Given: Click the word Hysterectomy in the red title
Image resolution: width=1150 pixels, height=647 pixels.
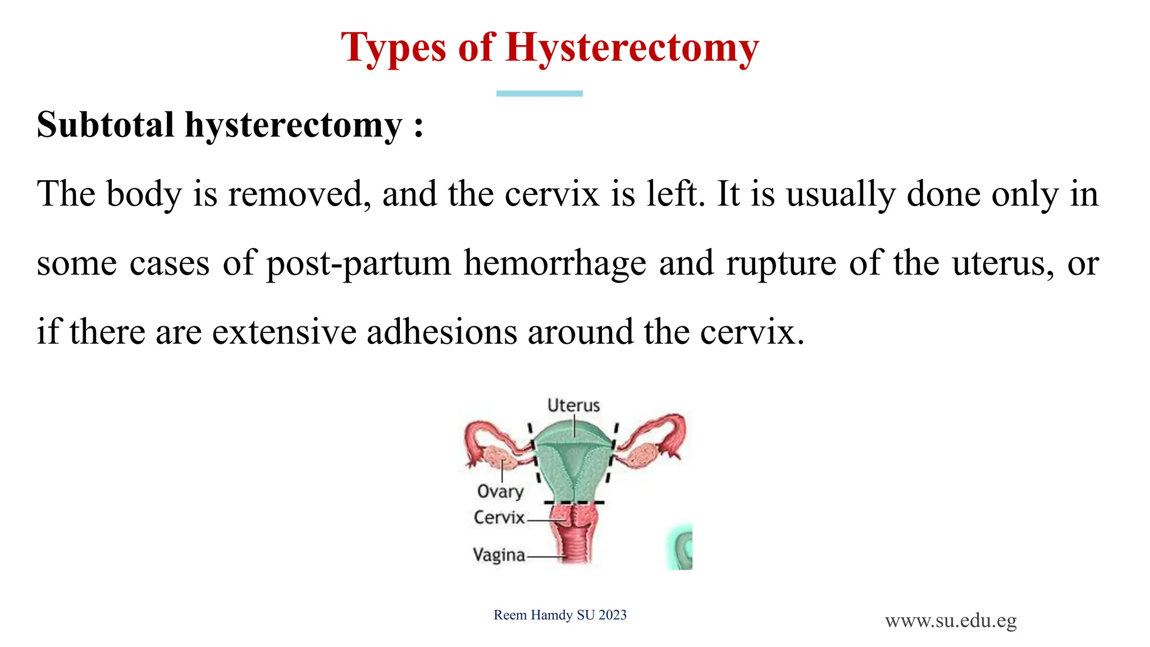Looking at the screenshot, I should [x=632, y=48].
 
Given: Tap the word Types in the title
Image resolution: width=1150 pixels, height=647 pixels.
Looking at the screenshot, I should [x=393, y=48].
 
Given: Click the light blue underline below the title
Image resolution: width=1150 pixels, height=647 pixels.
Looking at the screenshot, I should [x=539, y=93].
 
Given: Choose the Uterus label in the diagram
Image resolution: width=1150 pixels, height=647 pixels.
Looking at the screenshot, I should [x=573, y=405].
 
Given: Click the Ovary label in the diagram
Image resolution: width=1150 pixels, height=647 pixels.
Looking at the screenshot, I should [x=500, y=491].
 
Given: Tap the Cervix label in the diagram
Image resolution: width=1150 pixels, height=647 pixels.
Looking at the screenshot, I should [x=499, y=517].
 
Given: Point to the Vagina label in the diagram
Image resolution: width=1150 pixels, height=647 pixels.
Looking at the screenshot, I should [x=499, y=555].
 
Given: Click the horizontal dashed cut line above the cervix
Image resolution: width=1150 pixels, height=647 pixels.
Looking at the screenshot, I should [x=574, y=502].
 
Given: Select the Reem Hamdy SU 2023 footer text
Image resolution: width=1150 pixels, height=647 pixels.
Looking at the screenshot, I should [x=560, y=615].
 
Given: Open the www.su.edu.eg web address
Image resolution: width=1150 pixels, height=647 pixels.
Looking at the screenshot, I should [x=951, y=621].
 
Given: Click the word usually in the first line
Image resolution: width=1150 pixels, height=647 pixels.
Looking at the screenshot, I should [x=840, y=194].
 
